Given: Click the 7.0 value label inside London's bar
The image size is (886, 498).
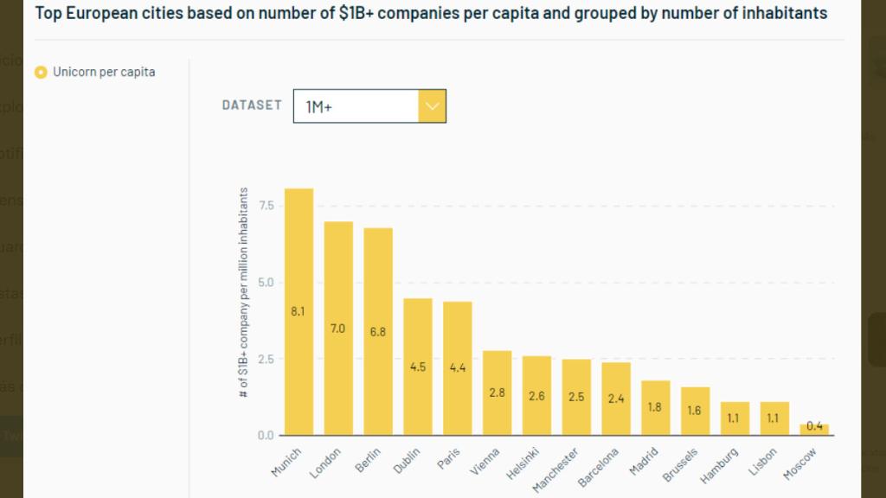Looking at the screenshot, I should tap(337, 329).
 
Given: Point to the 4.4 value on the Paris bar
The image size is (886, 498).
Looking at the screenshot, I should tap(457, 367).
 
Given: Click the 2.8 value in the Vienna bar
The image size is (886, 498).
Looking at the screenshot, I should tap(497, 393).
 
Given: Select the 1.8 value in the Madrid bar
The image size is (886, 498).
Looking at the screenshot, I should tap(655, 406).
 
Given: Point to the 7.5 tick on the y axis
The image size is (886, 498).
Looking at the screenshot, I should tap(265, 206).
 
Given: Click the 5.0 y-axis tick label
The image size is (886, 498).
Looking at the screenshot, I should tap(265, 283).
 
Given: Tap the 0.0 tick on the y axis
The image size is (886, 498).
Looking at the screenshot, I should tap(265, 436).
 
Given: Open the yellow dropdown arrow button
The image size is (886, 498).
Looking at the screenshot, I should tap(432, 106).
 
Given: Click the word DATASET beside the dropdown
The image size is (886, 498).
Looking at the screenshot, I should tap(252, 105).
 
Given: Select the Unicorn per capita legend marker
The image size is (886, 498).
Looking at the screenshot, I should tap(41, 73).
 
